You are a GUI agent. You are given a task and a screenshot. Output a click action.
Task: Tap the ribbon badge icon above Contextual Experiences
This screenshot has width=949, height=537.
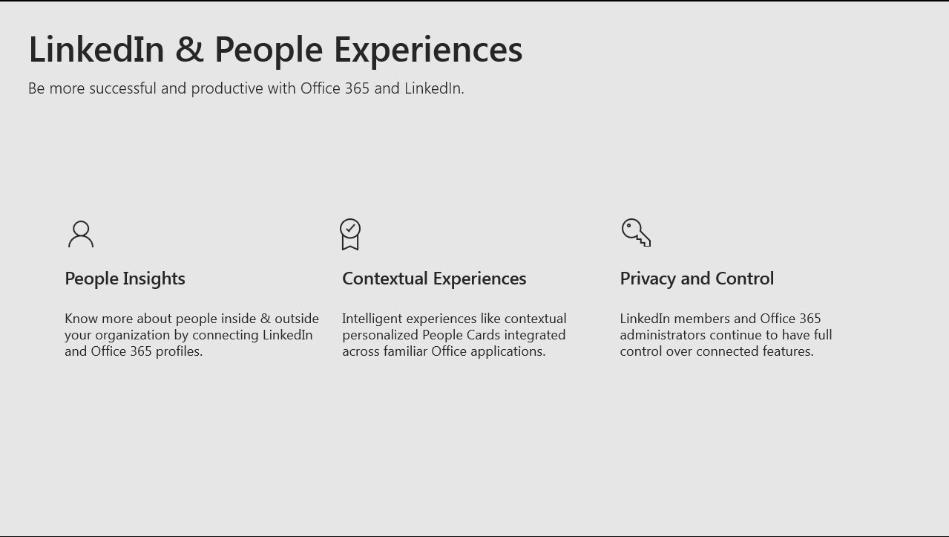pyautogui.click(x=350, y=234)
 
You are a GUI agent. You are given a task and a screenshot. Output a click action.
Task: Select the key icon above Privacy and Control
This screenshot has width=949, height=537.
pyautogui.click(x=636, y=232)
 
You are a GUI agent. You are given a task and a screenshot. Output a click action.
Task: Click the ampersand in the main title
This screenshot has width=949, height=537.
pyautogui.click(x=189, y=50)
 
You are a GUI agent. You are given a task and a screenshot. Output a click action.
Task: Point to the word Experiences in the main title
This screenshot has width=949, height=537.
pyautogui.click(x=428, y=51)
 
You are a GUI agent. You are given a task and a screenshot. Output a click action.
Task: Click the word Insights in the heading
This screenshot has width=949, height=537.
pyautogui.click(x=154, y=279)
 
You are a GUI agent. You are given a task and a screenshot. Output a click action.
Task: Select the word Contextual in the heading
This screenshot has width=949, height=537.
pyautogui.click(x=385, y=279)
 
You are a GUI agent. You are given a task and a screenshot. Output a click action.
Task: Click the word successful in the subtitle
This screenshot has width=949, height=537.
pyautogui.click(x=123, y=88)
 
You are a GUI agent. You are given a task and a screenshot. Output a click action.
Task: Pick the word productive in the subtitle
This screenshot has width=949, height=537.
pyautogui.click(x=227, y=89)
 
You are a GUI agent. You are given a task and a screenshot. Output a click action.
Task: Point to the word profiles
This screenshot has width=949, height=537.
pyautogui.click(x=180, y=351)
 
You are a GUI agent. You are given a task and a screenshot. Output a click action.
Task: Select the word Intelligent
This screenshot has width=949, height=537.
pyautogui.click(x=372, y=319)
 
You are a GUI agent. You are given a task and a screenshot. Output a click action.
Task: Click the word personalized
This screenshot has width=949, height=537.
pyautogui.click(x=380, y=336)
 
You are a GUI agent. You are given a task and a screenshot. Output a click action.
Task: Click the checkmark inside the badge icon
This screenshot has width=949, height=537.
pyautogui.click(x=350, y=228)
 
